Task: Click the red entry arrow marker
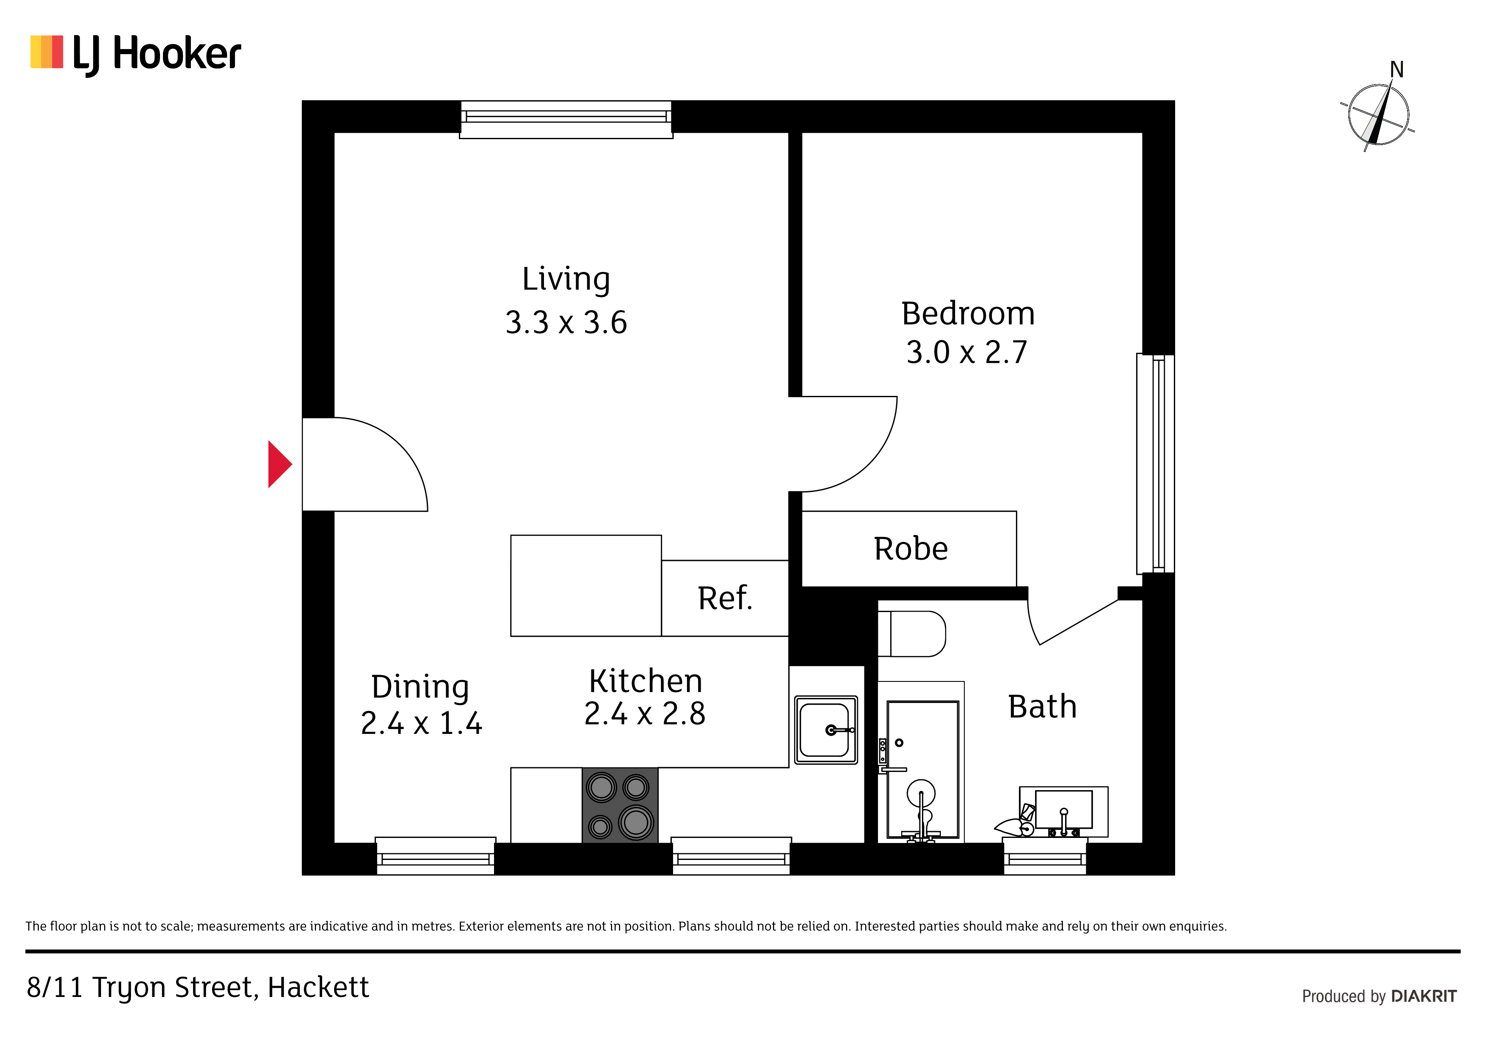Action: pyautogui.click(x=279, y=464)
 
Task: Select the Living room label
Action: pyautogui.click(x=566, y=279)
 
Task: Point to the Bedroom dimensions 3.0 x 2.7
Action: pyautogui.click(x=967, y=352)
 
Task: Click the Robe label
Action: pyautogui.click(x=911, y=549)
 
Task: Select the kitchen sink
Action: pyautogui.click(x=826, y=730)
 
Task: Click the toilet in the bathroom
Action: pyautogui.click(x=912, y=634)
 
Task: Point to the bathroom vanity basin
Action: pyautogui.click(x=1063, y=812)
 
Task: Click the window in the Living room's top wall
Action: pyautogui.click(x=566, y=120)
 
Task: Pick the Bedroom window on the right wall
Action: pyautogui.click(x=1156, y=464)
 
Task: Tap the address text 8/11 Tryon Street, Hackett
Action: pyautogui.click(x=197, y=988)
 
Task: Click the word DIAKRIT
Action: pyautogui.click(x=1424, y=996)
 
